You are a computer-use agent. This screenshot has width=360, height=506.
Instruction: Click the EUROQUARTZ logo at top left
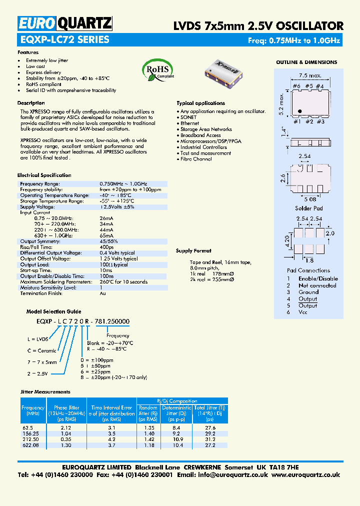coord(65,23)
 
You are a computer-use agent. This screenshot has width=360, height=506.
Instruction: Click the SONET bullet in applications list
coord(188,117)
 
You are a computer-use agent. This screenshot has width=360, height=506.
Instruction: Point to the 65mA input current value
coord(106,235)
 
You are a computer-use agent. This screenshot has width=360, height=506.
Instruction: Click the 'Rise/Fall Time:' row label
coord(36,247)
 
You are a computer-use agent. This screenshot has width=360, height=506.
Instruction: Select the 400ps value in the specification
coord(106,247)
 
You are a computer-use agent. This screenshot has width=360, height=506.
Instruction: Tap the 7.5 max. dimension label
coord(310,76)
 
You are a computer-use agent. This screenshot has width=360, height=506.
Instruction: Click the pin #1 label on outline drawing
coord(296,121)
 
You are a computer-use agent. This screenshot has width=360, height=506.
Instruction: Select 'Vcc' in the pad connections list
coord(303,312)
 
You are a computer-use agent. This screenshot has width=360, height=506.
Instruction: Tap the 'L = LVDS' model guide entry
coord(38,339)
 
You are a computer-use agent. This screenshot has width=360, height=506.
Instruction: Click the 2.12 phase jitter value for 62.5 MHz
coord(65,428)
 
